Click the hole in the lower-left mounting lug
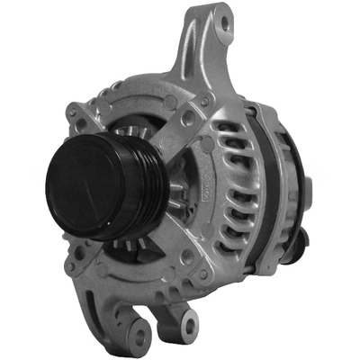pos(139,334)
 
